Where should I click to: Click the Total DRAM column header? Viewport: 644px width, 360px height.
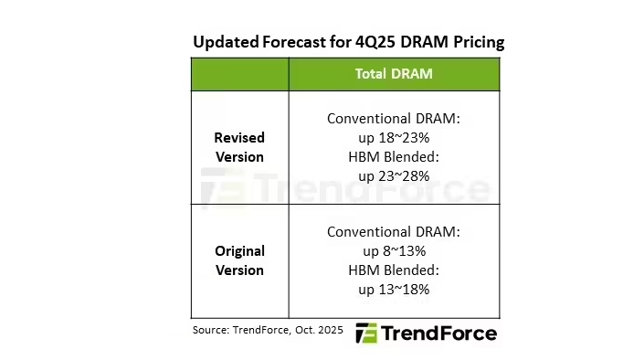[394, 74]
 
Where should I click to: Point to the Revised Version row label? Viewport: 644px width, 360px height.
[239, 147]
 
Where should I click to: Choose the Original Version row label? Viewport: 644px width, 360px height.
[239, 260]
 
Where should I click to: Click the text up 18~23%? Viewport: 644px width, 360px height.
[394, 137]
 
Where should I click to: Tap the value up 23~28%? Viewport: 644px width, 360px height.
[394, 175]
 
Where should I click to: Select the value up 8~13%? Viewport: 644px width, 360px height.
[394, 250]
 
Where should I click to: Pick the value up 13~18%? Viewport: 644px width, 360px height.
[394, 289]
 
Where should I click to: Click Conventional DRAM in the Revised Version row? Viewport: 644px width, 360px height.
[394, 118]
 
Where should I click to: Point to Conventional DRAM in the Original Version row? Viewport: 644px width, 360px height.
[394, 231]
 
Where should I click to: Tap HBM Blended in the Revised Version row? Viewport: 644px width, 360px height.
[394, 156]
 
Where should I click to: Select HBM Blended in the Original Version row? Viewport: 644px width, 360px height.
[394, 270]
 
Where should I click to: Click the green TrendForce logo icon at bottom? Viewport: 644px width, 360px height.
[365, 333]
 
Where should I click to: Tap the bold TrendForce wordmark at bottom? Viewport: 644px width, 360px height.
[438, 333]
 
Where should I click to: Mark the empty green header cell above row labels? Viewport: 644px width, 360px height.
[239, 74]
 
